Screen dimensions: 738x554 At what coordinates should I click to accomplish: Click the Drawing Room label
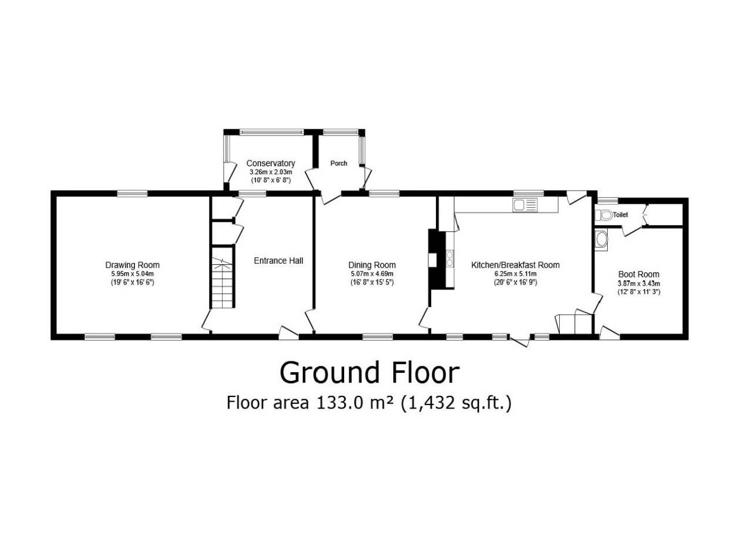[x=132, y=265]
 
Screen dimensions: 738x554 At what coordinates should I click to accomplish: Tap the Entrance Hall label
[x=278, y=261]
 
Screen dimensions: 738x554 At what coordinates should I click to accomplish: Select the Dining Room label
[x=372, y=265]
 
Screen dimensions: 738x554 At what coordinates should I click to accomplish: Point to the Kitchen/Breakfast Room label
[x=515, y=265]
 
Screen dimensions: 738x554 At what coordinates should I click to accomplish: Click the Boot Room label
[x=638, y=275]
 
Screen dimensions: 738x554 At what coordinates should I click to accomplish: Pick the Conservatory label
[x=270, y=163]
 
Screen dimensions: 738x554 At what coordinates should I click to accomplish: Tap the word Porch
[x=338, y=163]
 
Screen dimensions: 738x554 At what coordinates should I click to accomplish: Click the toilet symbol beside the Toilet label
[x=604, y=215]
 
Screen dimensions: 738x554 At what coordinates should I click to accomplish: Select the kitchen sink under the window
[x=525, y=205]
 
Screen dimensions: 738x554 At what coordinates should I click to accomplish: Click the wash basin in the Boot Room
[x=601, y=240]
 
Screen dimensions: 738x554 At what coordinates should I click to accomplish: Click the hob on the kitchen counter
[x=450, y=259]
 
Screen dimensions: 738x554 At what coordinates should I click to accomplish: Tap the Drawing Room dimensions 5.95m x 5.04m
[x=132, y=274]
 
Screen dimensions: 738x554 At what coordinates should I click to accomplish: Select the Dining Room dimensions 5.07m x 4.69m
[x=372, y=274]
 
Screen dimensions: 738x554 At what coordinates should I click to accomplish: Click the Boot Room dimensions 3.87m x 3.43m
[x=638, y=283]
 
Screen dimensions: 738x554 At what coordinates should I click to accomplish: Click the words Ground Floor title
[x=369, y=373]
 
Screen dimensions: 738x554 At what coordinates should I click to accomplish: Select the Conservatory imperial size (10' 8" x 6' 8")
[x=270, y=180]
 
